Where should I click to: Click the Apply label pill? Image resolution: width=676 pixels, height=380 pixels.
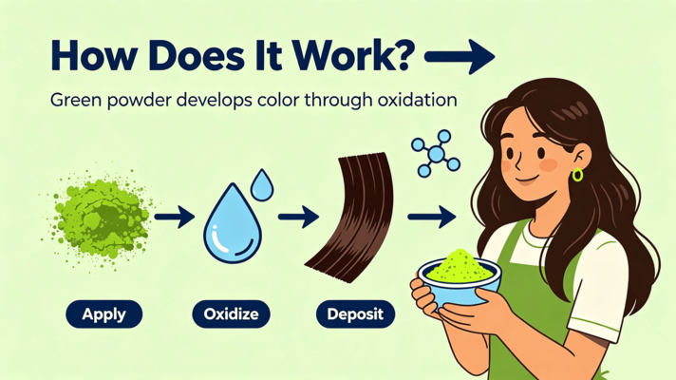103,314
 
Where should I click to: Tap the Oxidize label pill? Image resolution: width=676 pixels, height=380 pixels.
231,314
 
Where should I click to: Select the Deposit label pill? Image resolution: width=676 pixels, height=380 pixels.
355,314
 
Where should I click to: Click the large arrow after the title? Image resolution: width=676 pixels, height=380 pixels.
460,56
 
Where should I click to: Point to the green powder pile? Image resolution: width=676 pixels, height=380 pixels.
100,217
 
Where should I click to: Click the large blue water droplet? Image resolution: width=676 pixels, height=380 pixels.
233,224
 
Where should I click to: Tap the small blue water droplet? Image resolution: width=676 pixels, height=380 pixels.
262,185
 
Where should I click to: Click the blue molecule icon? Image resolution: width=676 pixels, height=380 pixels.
436,154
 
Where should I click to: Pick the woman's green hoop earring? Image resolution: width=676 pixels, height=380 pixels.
577,175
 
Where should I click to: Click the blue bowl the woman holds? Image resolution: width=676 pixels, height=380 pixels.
460,282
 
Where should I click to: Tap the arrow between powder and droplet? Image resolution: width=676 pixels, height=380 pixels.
175,217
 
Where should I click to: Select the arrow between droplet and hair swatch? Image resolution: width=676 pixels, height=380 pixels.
298,217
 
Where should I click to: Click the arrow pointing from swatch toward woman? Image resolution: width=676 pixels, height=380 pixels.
432,217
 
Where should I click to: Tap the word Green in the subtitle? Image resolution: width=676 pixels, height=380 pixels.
75,101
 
